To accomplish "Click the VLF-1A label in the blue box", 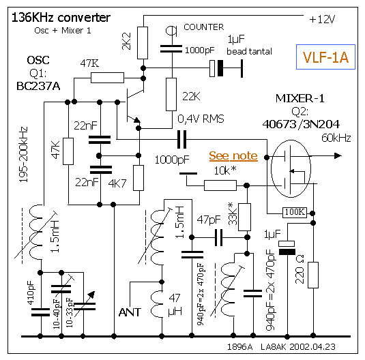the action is (x=325, y=57).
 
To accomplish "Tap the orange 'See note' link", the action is (x=233, y=155).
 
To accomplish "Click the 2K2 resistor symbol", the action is (x=143, y=43).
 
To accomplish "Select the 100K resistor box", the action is (x=295, y=213).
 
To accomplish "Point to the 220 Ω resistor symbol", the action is (x=313, y=275).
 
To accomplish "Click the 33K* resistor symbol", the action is (x=245, y=217).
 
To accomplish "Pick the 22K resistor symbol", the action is (x=171, y=94).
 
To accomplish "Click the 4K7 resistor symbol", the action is (x=138, y=178).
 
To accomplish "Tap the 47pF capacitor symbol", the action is (x=218, y=237).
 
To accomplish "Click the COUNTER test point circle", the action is (x=171, y=31).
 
